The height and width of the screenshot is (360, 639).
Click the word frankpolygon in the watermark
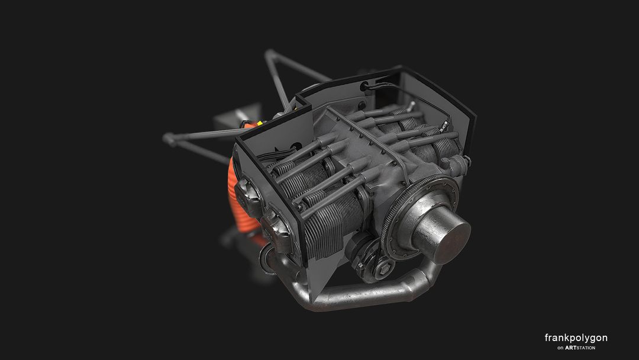pyautogui.click(x=576, y=338)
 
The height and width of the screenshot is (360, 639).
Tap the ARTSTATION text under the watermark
pyautogui.click(x=580, y=348)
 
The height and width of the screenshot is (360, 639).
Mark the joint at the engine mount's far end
pyautogui.click(x=168, y=139)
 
